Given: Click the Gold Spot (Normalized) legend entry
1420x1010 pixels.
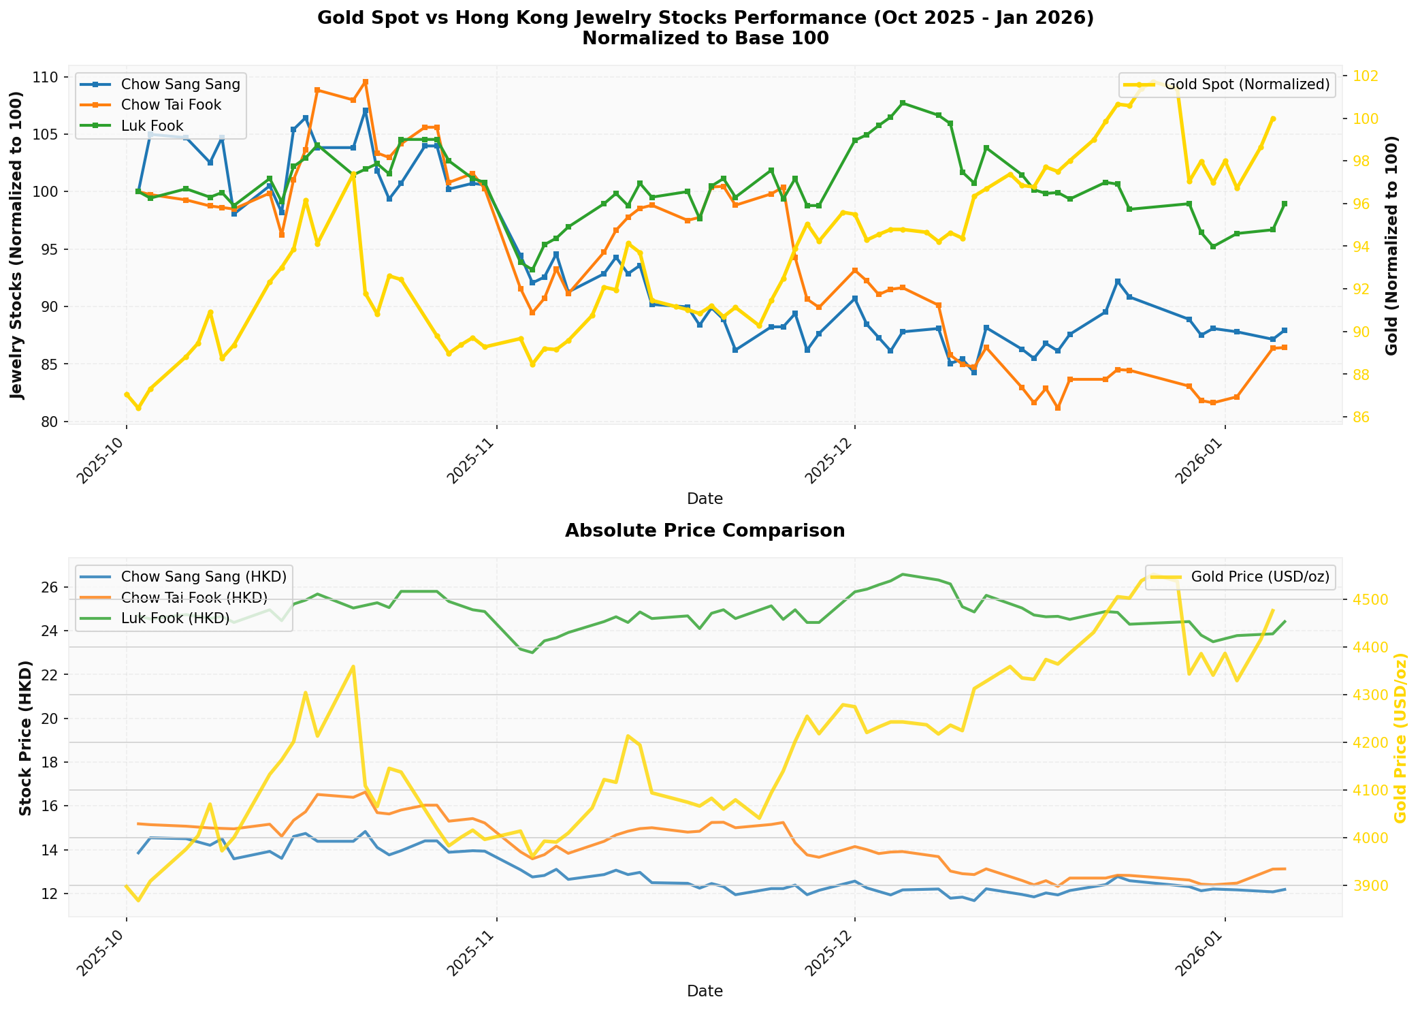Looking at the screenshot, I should pyautogui.click(x=1246, y=84).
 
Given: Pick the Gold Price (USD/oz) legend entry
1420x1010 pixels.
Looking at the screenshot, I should pyautogui.click(x=1259, y=576).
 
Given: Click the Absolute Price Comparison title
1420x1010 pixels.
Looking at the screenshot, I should pyautogui.click(x=705, y=531).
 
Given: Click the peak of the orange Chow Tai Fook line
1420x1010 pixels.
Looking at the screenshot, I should pyautogui.click(x=366, y=82).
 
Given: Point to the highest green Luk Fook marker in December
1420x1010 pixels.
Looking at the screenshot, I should pyautogui.click(x=903, y=103).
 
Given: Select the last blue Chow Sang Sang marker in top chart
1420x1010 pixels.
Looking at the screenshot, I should pyautogui.click(x=1285, y=330).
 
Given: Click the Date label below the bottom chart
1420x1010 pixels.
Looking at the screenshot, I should pyautogui.click(x=705, y=991).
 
